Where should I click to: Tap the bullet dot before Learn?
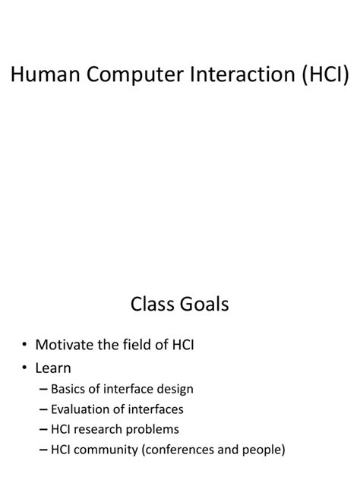[25, 368]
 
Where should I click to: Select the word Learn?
[53, 368]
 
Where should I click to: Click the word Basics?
[69, 390]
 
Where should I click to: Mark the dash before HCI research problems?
[41, 430]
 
